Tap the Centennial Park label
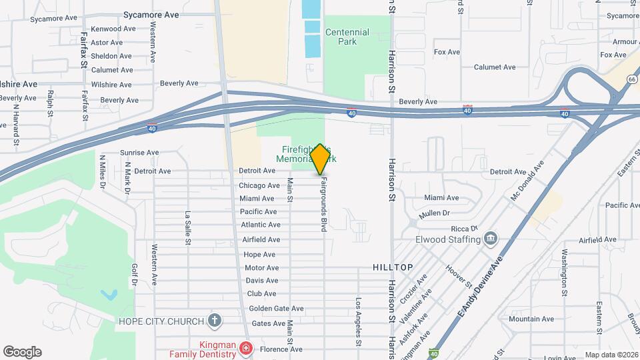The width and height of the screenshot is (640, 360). point(347,37)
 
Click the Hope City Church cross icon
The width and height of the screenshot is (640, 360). point(214,321)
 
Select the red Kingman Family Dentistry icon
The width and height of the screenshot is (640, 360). point(246,349)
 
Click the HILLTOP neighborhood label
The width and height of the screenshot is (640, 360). point(393,267)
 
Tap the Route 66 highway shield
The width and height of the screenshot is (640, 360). point(631,79)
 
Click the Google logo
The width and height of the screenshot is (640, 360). point(22,352)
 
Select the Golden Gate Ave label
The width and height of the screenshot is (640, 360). point(276,309)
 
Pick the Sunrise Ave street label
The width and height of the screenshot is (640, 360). point(139,153)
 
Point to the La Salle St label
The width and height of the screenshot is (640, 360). point(188,226)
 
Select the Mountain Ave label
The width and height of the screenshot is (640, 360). point(531,319)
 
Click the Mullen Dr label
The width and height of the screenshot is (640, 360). point(435,213)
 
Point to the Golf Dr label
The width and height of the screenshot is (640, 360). point(134,274)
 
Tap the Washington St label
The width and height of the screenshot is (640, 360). point(564,272)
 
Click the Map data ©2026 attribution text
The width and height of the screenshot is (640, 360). point(611,355)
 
